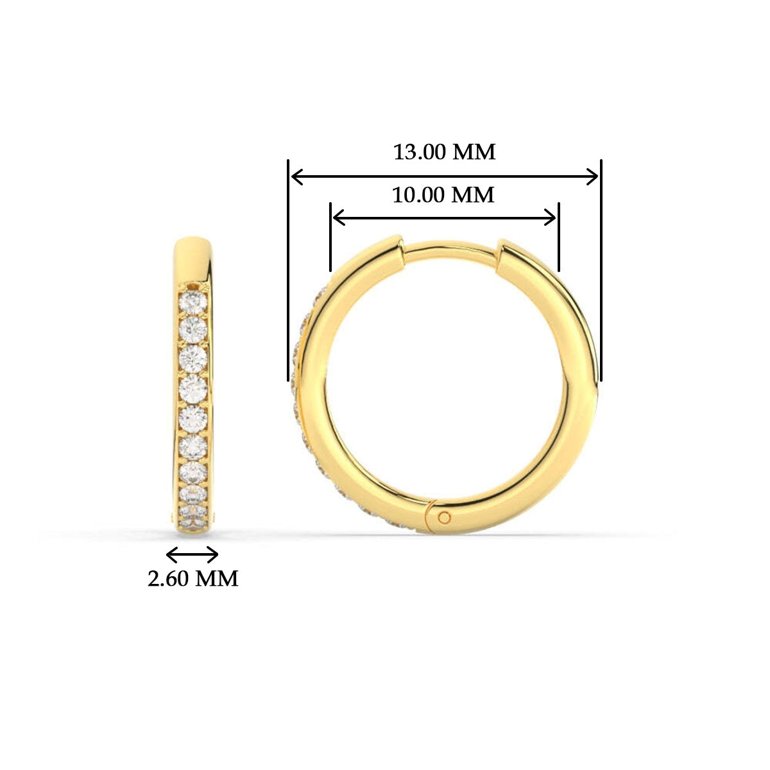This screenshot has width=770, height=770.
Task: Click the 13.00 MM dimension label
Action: [x=444, y=153]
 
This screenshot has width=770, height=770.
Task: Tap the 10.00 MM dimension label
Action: [x=443, y=194]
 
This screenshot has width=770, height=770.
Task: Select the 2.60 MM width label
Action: [x=193, y=579]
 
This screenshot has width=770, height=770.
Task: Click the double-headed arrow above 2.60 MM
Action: [x=193, y=554]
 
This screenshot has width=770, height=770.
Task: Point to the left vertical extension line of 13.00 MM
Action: [x=288, y=269]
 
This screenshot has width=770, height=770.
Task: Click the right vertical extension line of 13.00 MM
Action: [x=601, y=269]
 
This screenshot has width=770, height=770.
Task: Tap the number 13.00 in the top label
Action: [x=420, y=153]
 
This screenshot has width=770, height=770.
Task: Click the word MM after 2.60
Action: [x=216, y=579]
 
